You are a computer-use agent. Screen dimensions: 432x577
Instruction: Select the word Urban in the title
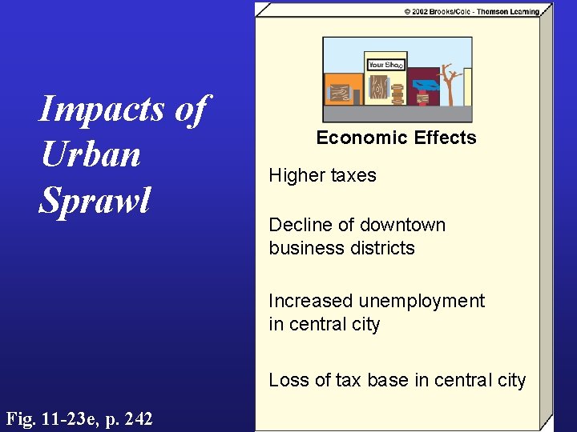click(91, 154)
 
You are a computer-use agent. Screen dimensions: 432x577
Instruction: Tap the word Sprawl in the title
click(95, 201)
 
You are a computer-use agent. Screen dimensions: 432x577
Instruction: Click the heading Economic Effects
click(396, 138)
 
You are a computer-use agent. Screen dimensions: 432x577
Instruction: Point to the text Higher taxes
click(322, 175)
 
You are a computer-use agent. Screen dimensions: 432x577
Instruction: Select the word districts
click(381, 248)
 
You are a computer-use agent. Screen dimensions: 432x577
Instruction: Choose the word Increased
click(311, 301)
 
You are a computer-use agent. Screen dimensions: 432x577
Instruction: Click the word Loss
click(287, 380)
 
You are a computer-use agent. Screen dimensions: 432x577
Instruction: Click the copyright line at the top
click(472, 11)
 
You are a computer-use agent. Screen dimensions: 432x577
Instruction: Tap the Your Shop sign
click(385, 65)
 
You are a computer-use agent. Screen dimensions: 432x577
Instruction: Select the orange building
click(341, 90)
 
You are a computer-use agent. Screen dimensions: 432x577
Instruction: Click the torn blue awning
click(424, 85)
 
